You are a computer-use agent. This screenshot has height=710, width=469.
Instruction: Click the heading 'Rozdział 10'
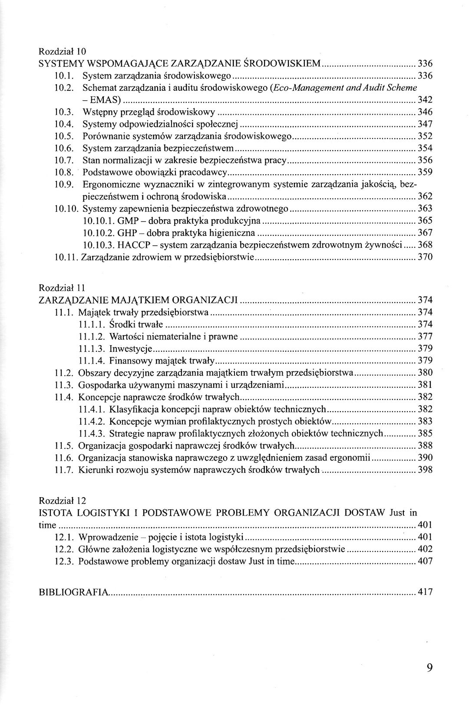[63, 51]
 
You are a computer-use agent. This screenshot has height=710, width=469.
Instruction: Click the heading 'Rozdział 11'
[63, 288]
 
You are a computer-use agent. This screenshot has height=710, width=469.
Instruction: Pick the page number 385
[425, 433]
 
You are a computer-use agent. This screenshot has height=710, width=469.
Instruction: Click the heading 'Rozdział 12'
[63, 500]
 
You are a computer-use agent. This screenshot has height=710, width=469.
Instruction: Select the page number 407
[425, 561]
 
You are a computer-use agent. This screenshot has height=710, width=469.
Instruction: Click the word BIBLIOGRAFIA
[73, 591]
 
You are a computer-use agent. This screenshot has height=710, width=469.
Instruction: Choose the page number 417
[425, 591]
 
